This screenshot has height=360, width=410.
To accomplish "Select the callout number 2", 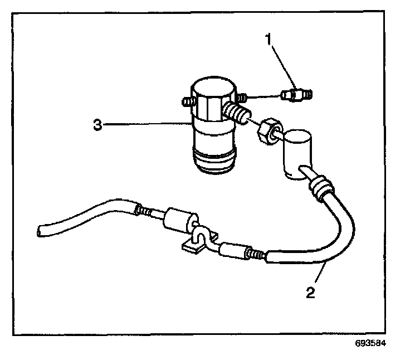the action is point(310,291).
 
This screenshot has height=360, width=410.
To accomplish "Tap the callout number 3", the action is point(98,125).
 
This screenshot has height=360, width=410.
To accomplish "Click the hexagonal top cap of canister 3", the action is point(212,100).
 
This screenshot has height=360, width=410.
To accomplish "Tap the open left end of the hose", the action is point(41,229).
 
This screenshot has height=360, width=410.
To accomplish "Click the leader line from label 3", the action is point(145,125).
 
